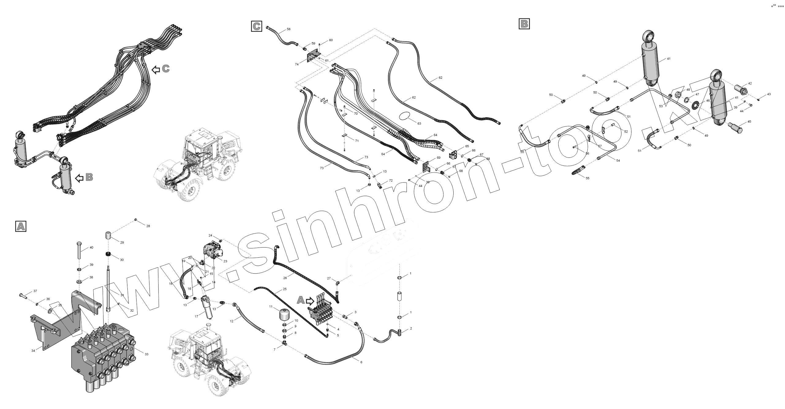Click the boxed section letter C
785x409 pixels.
(x=256, y=26)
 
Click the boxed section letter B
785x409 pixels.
(x=524, y=24)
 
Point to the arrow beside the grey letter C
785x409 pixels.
(x=156, y=70)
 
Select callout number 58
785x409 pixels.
(x=289, y=29)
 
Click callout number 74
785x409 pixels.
(x=297, y=64)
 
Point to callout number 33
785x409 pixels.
(x=146, y=354)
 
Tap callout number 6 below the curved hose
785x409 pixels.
(x=361, y=362)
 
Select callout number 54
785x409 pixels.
(x=618, y=161)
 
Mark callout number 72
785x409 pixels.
(x=391, y=180)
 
